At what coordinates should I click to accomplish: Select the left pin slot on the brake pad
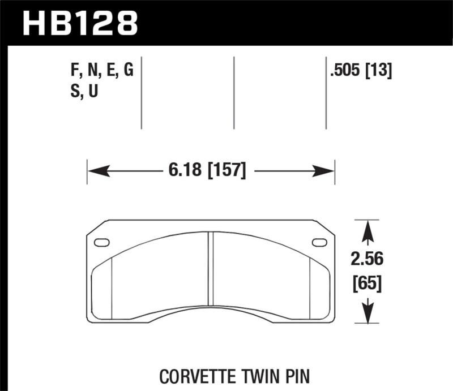102,243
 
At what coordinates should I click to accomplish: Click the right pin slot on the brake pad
319,243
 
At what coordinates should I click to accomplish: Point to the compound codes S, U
84,92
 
